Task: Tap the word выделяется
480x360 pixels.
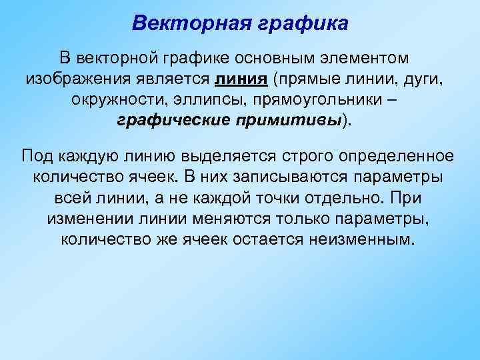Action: pyautogui.click(x=216, y=156)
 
